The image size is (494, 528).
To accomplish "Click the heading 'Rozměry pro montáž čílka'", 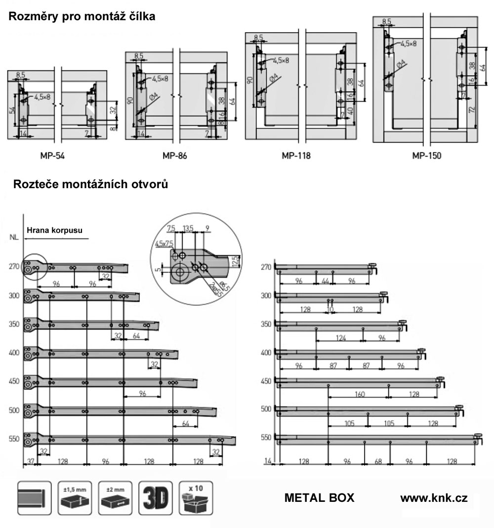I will pyautogui.click(x=82, y=17).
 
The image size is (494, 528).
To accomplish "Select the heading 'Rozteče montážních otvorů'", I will pyautogui.click(x=90, y=185).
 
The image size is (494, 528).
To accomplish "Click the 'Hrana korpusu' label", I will pyautogui.click(x=54, y=230).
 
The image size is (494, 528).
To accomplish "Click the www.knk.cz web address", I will pyautogui.click(x=434, y=498).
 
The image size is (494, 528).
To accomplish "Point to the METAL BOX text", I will pyautogui.click(x=319, y=498).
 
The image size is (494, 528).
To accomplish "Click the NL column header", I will pyautogui.click(x=14, y=237).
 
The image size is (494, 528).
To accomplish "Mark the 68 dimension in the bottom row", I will pyautogui.click(x=377, y=461).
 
